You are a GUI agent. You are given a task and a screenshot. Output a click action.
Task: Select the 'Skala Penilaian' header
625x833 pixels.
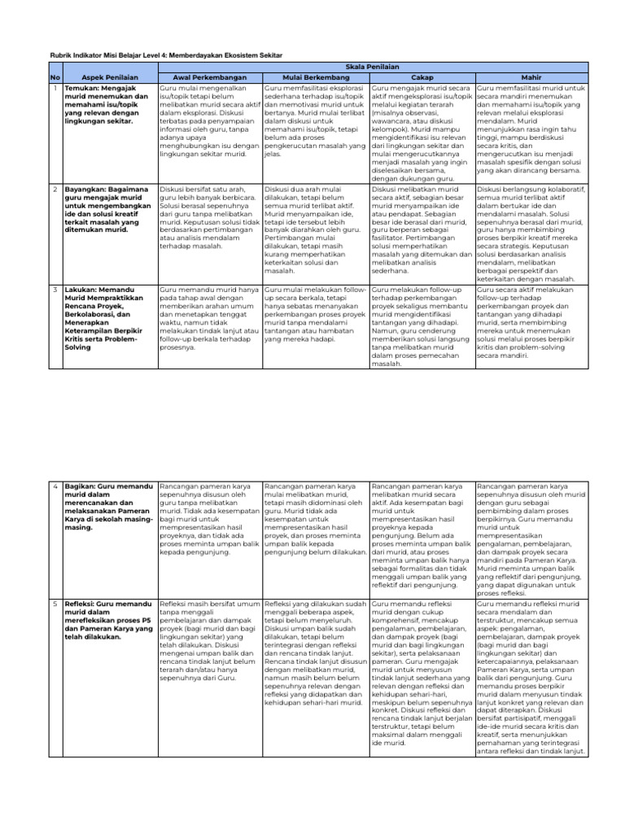(x=371, y=65)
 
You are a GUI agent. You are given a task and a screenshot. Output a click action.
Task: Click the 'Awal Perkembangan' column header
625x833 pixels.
(x=210, y=76)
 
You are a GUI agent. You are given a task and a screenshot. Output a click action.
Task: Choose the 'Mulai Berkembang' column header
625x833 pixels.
(x=316, y=76)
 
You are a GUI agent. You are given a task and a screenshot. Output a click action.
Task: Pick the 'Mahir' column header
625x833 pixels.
(x=530, y=76)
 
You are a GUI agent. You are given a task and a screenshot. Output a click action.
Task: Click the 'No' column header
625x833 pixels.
(x=55, y=76)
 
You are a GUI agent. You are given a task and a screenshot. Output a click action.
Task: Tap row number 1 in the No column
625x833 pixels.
(x=55, y=87)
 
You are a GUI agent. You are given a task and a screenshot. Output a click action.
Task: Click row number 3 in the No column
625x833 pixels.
(x=55, y=289)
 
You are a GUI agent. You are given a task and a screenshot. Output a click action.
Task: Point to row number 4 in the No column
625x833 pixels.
(x=55, y=486)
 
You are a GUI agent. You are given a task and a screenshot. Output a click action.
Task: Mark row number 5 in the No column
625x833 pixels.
(x=55, y=605)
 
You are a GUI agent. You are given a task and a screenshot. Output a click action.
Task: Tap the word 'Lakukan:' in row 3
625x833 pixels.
(x=81, y=289)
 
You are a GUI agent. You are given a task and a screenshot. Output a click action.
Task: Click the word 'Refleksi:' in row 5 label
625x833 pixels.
(x=82, y=605)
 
